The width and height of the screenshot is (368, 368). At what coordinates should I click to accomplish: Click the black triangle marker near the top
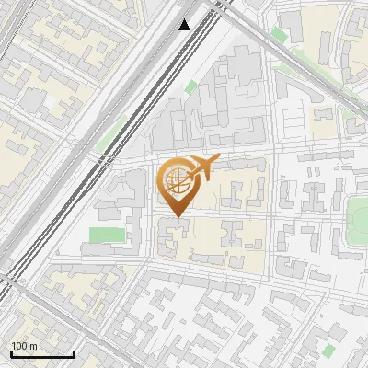pyautogui.click(x=185, y=24)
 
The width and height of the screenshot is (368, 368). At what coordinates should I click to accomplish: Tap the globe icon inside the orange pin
pyautogui.click(x=176, y=179)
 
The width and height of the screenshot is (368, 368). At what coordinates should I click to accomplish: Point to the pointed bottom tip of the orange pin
pyautogui.click(x=176, y=216)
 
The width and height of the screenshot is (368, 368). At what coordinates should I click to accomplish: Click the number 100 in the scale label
pyautogui.click(x=19, y=346)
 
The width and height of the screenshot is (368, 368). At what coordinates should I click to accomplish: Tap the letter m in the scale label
pyautogui.click(x=33, y=346)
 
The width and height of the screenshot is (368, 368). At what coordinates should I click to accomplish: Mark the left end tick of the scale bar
pyautogui.click(x=11, y=353)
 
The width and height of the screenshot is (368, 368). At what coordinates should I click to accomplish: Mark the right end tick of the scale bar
pyautogui.click(x=74, y=353)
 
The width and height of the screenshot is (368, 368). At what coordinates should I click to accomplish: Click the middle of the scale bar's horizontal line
pyautogui.click(x=42, y=355)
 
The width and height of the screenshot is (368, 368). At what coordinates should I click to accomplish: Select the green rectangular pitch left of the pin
pyautogui.click(x=107, y=235)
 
